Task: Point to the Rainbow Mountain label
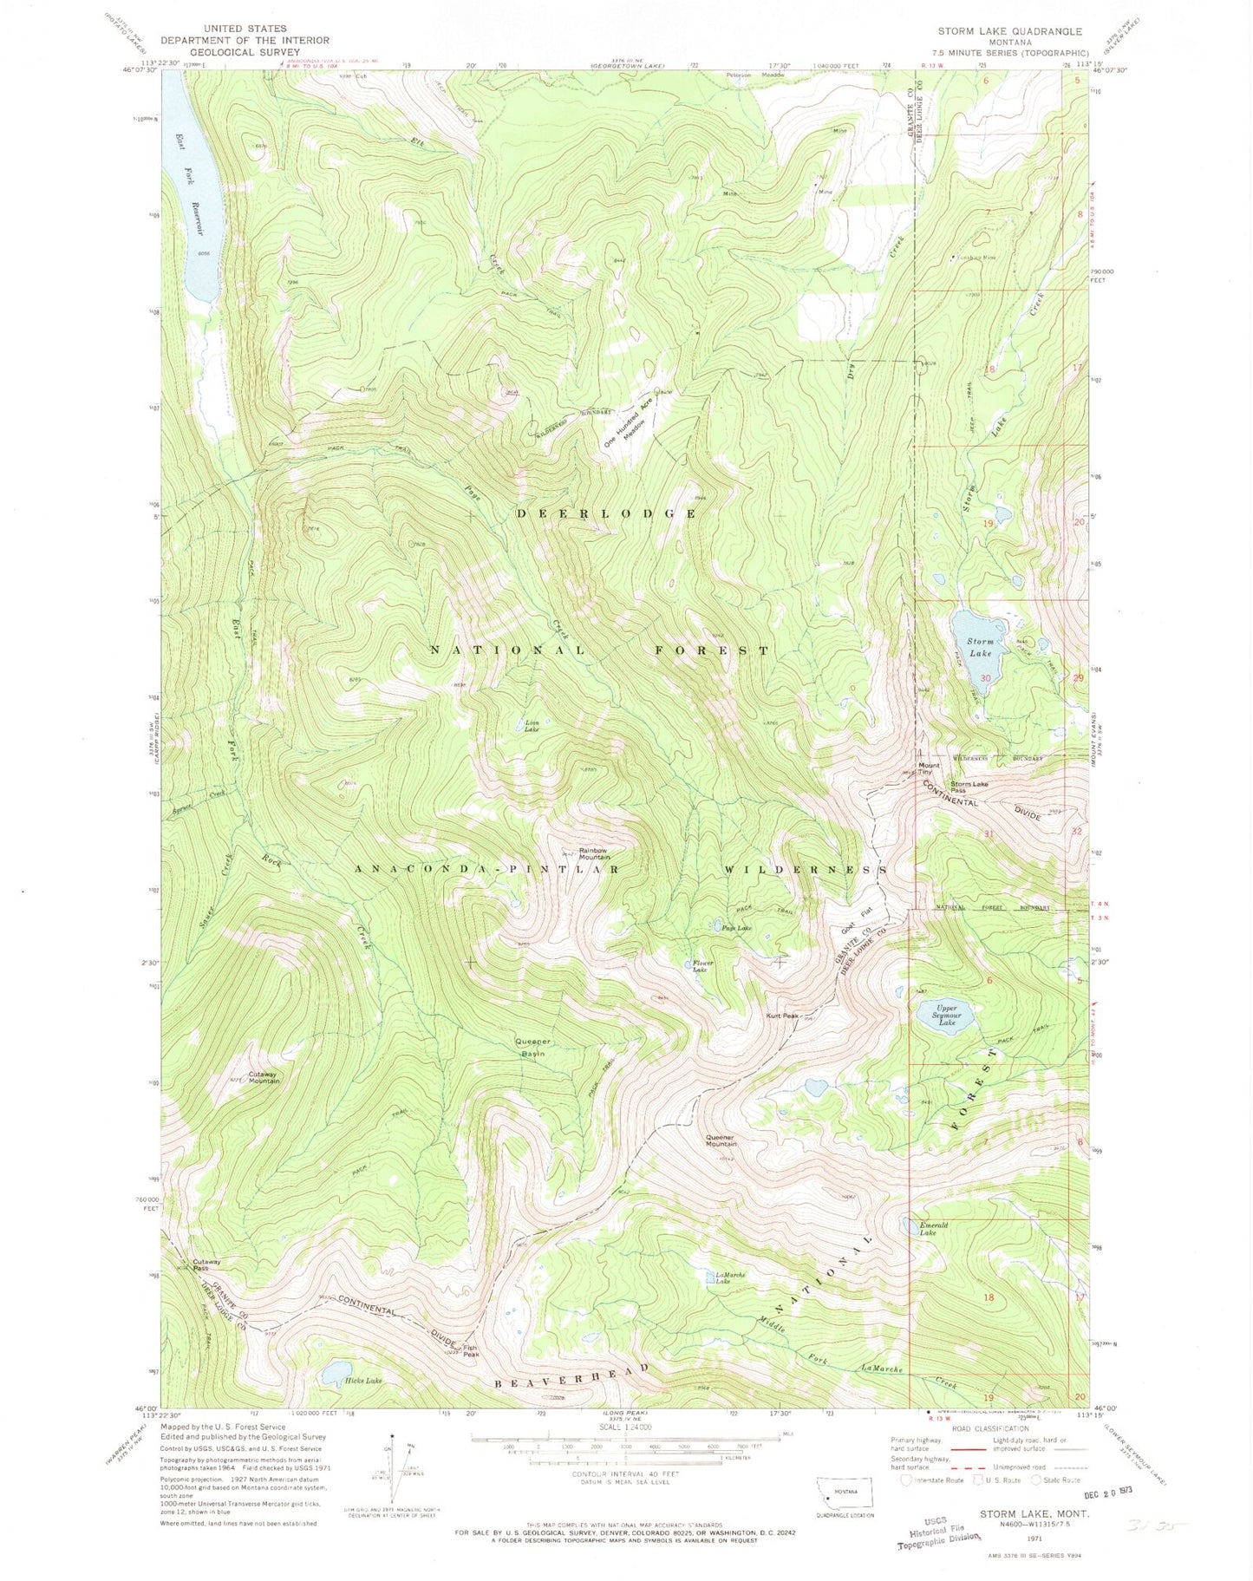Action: tap(595, 853)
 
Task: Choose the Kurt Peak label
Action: tap(781, 1016)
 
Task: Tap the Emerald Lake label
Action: tap(934, 1229)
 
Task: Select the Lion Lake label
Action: tap(532, 726)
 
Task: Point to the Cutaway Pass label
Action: tap(206, 1264)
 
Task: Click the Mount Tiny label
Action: tap(929, 768)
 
